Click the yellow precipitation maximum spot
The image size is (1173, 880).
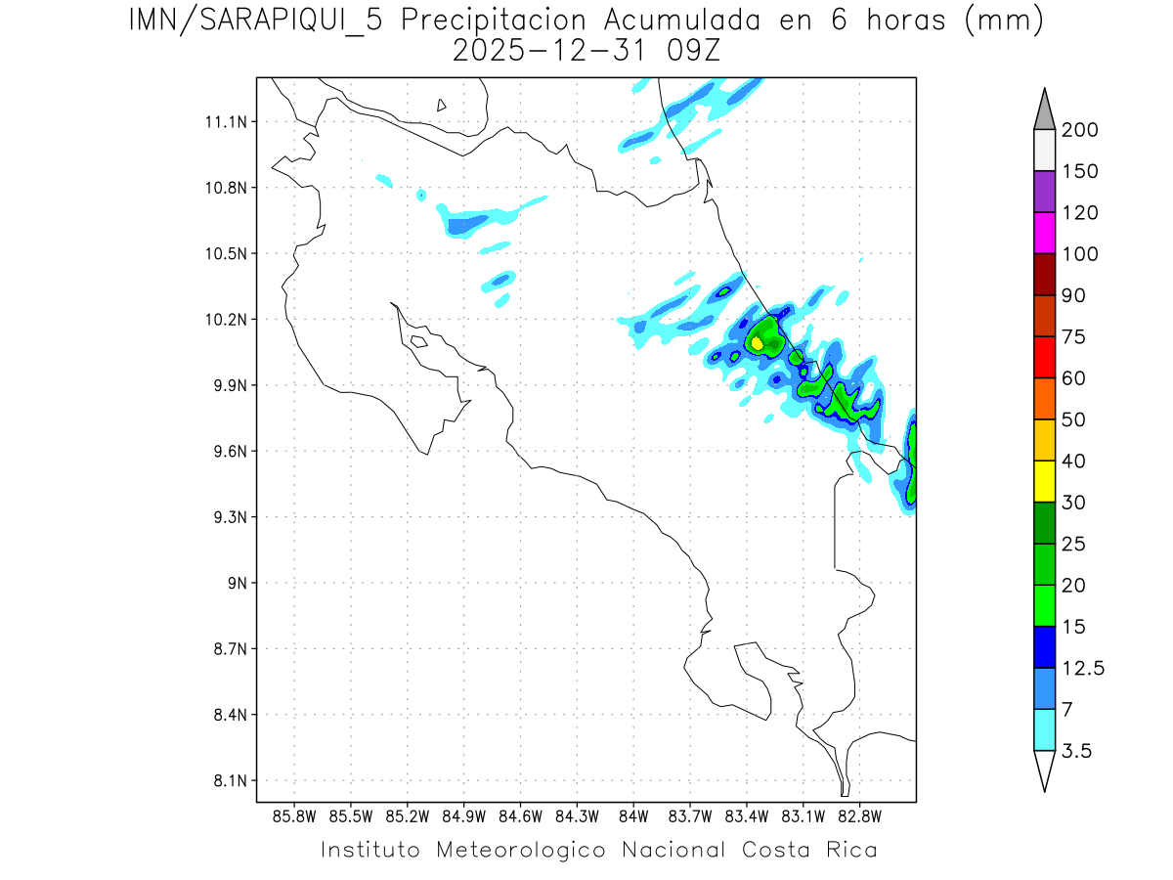(757, 343)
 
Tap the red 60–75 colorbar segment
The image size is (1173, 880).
(1043, 357)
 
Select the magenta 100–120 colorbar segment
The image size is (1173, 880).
(1043, 233)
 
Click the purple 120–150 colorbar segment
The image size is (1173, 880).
(1043, 192)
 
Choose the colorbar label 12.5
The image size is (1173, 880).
(1083, 668)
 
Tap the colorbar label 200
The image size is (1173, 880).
(1079, 130)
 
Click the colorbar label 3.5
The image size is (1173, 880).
(1076, 751)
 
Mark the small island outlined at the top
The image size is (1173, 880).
(442, 105)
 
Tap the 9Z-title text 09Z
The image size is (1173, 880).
(693, 51)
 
